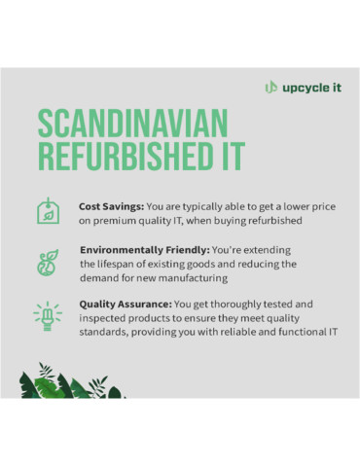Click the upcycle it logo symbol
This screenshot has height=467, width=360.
click(x=271, y=87)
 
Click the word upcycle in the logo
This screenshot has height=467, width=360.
click(x=304, y=87)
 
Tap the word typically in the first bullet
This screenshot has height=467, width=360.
click(x=202, y=206)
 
